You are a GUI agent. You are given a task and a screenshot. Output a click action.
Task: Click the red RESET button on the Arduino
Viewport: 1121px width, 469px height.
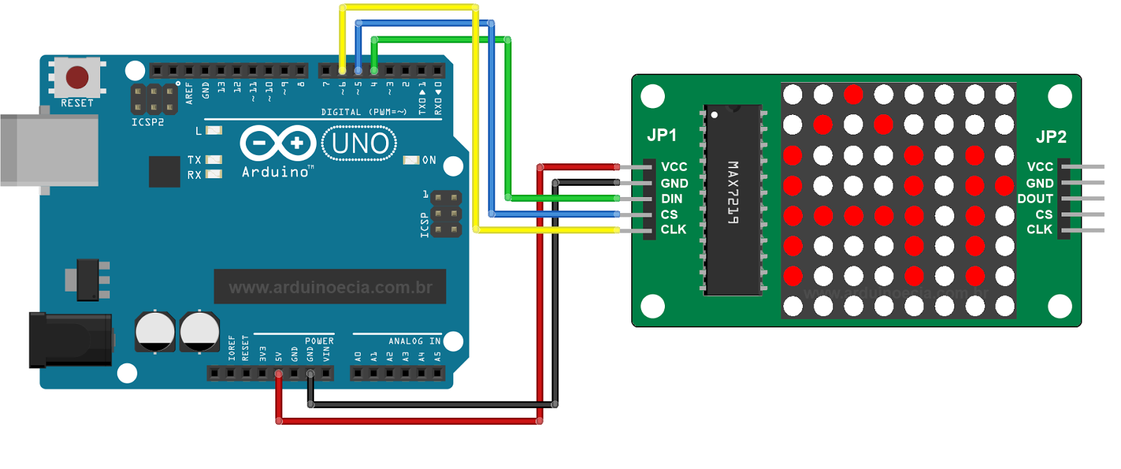(77, 77)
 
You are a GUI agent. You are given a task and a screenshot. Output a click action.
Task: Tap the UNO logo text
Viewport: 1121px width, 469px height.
(359, 144)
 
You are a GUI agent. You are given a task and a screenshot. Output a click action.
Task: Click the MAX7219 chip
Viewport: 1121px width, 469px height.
(733, 200)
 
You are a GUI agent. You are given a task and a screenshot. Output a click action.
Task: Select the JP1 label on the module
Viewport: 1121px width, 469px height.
(662, 135)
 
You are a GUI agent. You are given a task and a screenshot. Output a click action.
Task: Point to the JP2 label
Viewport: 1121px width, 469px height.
(1051, 137)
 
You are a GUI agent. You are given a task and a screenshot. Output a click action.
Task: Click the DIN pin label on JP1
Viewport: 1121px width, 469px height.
(672, 199)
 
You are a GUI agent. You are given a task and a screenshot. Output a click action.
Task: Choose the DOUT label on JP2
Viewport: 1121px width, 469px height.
(1035, 199)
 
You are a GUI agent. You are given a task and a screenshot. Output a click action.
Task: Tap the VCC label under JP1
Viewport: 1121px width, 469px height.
(674, 167)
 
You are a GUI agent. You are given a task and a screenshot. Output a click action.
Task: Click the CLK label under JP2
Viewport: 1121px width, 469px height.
(1039, 230)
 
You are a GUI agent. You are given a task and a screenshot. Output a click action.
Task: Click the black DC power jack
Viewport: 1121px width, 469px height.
(70, 340)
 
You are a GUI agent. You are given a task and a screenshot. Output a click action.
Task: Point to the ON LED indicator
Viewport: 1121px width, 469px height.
(411, 161)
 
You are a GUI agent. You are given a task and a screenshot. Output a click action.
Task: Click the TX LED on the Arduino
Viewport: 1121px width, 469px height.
(214, 160)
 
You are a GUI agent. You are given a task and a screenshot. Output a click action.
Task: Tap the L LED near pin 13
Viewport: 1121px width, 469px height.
(214, 130)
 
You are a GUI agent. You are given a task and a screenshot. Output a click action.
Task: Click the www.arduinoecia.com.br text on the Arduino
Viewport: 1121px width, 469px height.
(330, 287)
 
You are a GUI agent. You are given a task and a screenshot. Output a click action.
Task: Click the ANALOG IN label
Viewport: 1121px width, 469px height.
(415, 341)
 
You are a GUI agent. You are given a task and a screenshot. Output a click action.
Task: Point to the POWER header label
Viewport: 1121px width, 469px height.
(319, 341)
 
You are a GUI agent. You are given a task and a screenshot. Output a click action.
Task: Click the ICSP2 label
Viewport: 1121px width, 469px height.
(148, 123)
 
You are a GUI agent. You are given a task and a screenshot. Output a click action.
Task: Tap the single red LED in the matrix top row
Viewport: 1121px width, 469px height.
(853, 94)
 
